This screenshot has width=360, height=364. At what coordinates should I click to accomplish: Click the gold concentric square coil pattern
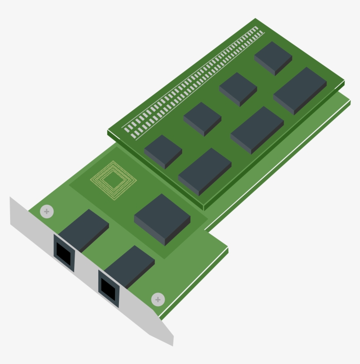pos(113,179)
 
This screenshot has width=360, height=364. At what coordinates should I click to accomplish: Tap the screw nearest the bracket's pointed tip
pos(158,300)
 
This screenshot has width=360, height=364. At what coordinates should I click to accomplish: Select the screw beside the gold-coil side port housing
pos(47,212)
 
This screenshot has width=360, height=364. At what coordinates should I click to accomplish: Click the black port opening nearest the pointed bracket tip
pos(108,288)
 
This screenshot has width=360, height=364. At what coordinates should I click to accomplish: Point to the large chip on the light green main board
pos(162,218)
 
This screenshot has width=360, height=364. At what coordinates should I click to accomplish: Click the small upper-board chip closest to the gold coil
pos(163,150)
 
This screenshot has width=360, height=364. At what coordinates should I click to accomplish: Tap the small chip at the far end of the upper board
pos(273,57)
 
